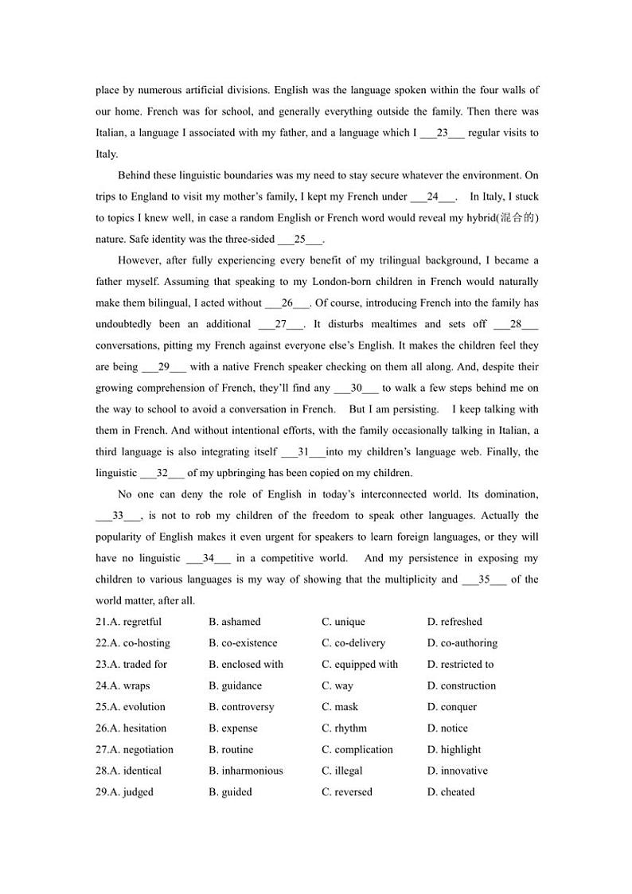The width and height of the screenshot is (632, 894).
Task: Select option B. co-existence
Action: pos(243,643)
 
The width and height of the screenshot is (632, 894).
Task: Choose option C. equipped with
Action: pos(360,665)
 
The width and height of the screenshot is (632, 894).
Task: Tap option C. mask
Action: pos(340,707)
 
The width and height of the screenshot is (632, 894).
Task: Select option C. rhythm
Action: pos(345,728)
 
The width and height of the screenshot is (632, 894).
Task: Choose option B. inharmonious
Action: pos(245,771)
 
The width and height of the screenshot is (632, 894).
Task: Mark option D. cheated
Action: pos(451,792)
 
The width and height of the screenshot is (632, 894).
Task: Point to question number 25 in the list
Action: pos(102,707)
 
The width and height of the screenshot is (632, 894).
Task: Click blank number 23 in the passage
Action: pos(442,133)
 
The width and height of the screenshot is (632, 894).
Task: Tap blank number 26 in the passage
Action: pos(287,303)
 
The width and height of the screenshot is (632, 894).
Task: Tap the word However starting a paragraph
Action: pos(139,260)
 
